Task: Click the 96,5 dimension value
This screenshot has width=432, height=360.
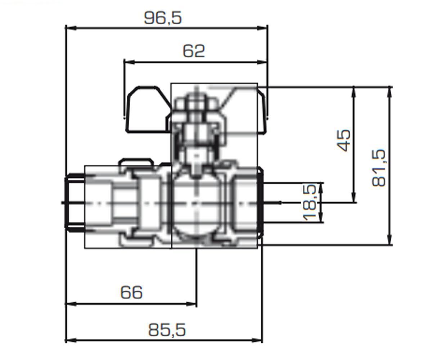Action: click(163, 18)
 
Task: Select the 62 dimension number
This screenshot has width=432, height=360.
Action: click(194, 51)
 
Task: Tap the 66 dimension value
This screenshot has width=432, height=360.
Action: click(131, 292)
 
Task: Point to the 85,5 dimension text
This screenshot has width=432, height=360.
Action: click(167, 330)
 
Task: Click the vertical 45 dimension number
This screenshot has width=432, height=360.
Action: click(344, 140)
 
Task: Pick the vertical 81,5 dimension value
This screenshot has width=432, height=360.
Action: click(379, 168)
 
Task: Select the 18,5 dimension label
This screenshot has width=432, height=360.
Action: click(310, 203)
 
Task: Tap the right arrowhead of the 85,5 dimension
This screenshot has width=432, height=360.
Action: click(257, 340)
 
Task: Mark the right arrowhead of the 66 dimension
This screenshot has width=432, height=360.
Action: click(191, 304)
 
